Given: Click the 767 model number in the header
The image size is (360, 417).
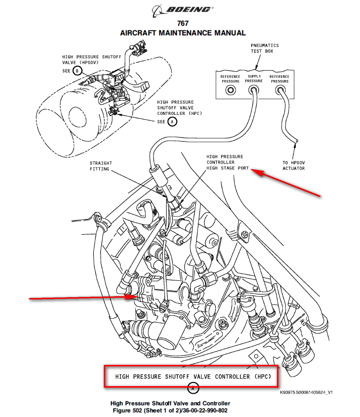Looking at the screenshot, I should point(183,23).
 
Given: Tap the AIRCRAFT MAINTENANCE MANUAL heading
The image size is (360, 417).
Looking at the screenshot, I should point(183,33).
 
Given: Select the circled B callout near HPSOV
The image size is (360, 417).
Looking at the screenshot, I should point(77,71).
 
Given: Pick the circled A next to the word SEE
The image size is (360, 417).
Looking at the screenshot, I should point(172,122).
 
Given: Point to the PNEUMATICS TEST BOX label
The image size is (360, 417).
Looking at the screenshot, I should point(264,49).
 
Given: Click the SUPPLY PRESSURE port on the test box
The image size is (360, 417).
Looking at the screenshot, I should point(254,90).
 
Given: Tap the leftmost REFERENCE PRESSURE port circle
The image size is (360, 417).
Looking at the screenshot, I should point(230,90).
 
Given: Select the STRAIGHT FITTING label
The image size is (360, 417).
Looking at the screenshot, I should point(101,166).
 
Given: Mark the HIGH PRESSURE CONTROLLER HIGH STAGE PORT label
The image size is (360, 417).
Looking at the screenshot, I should point(227,162).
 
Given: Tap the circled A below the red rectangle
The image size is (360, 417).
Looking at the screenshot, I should point(192,389).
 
